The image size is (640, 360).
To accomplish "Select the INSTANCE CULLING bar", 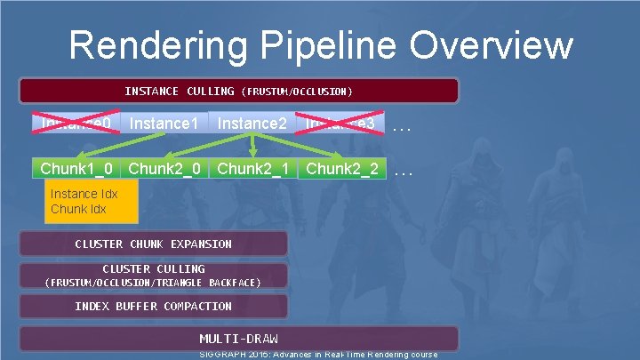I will (x=238, y=91).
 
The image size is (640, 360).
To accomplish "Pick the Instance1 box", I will (x=164, y=123).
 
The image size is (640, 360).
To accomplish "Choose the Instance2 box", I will (x=252, y=123).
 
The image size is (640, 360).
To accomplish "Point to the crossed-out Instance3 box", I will (x=342, y=123).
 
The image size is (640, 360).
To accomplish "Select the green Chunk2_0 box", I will (x=164, y=168).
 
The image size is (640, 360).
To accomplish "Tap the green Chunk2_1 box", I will (x=252, y=168).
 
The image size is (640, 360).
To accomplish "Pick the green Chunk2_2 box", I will (x=342, y=168).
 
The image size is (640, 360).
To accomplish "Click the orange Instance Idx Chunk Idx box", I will (x=92, y=201).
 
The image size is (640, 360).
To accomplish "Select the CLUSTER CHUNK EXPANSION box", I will (x=154, y=244).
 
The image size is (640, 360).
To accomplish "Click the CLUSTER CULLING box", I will (x=154, y=275).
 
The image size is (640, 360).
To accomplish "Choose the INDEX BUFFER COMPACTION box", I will (x=154, y=306).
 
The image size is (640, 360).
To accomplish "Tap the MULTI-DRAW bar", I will (x=238, y=339).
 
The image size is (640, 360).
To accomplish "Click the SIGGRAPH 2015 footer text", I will (x=320, y=355).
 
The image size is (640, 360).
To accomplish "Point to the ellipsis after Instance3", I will (x=403, y=126).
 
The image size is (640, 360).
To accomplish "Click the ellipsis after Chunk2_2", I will (x=403, y=171).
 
